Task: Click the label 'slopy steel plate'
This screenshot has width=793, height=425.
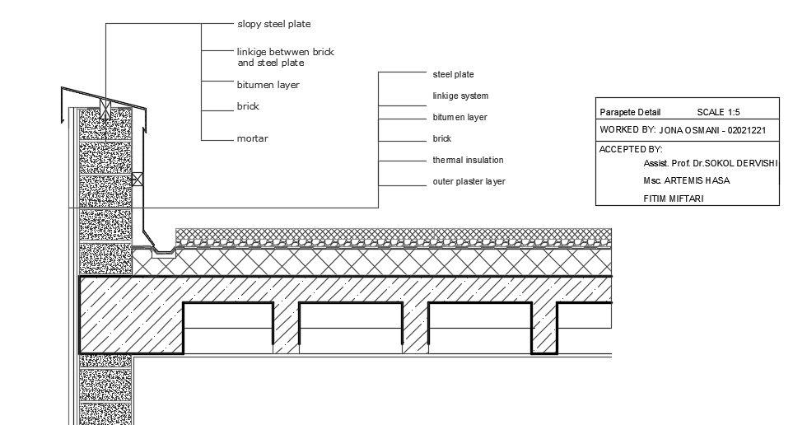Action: tap(273, 25)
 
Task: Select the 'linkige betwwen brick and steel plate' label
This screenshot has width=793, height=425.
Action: tap(285, 57)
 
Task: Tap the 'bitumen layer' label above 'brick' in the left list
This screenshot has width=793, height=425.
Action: tap(268, 85)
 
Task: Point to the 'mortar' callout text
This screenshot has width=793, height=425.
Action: tap(252, 138)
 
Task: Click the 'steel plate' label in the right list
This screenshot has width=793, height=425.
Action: tap(453, 75)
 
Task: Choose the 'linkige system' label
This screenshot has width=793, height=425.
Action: tap(460, 96)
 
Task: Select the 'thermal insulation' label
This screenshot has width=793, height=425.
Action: tap(468, 160)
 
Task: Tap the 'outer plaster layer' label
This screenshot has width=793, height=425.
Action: tap(469, 181)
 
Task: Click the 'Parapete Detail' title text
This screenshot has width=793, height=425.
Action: tap(630, 111)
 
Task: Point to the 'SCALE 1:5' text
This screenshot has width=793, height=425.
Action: tap(719, 111)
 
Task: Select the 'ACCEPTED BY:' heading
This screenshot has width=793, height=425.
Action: tap(631, 149)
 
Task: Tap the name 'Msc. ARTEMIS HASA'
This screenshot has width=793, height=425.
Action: tap(686, 180)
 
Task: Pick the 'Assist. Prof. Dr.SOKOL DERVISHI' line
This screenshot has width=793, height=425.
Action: tap(710, 164)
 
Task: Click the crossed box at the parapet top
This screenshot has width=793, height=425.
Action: tap(105, 105)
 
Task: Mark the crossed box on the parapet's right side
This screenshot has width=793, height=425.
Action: tap(138, 177)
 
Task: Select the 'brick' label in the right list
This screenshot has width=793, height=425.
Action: tap(442, 139)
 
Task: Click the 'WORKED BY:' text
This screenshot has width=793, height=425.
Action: tap(627, 130)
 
